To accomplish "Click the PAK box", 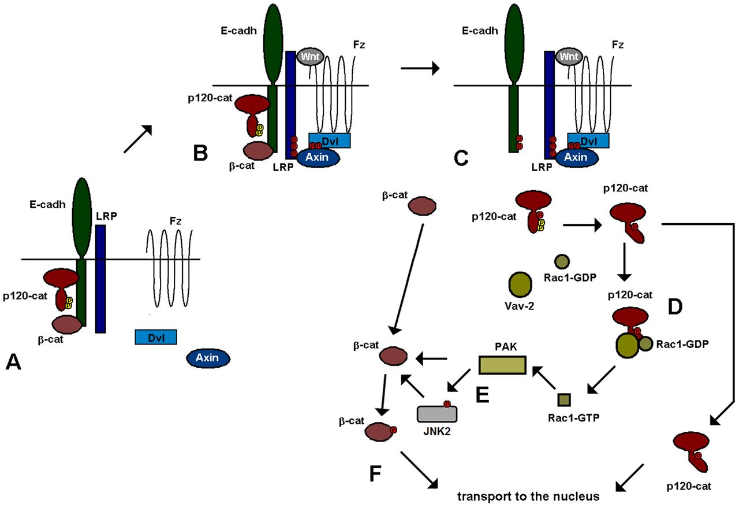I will pyautogui.click(x=502, y=365).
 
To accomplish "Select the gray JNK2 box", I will pyautogui.click(x=437, y=413).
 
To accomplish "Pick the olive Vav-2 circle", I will pyautogui.click(x=521, y=284).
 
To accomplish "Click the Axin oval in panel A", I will pyautogui.click(x=208, y=358).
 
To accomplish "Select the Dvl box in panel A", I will pyautogui.click(x=156, y=337).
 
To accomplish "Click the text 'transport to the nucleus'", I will pyautogui.click(x=527, y=496).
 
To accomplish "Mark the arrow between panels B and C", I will pyautogui.click(x=420, y=69).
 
